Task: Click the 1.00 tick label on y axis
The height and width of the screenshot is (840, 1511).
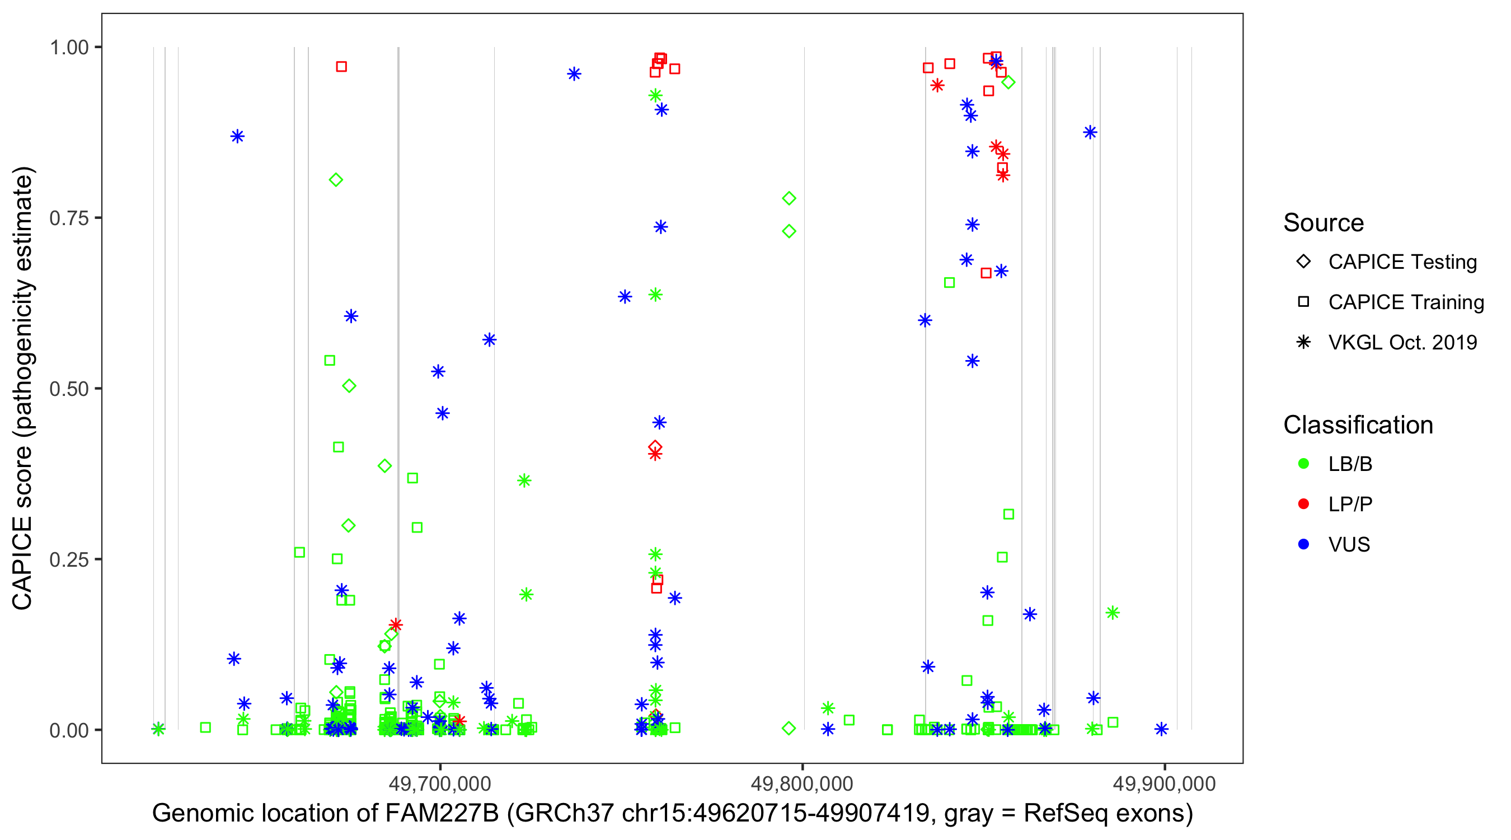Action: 69,48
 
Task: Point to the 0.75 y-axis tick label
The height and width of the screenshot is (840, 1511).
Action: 69,218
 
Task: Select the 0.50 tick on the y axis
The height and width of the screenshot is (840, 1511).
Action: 69,389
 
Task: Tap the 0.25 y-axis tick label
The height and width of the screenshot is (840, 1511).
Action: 69,559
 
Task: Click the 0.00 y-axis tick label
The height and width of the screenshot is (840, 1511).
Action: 69,730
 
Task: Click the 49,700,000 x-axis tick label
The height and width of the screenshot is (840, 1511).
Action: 440,783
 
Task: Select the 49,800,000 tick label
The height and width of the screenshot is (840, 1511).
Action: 802,783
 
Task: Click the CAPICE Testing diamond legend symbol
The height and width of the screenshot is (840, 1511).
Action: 1303,262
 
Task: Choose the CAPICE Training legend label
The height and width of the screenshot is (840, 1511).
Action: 1406,302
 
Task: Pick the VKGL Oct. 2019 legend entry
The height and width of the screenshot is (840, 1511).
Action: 1402,343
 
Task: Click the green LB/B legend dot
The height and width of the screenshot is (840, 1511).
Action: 1303,464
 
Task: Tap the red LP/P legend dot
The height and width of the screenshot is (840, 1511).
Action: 1303,504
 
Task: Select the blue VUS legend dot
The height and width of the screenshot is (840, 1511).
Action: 1303,545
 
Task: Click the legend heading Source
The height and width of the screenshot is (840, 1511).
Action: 1324,223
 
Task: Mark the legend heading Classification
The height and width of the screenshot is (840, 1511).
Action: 1358,425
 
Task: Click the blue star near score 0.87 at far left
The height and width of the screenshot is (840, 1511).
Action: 237,137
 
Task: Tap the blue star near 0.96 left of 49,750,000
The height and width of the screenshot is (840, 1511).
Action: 574,74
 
